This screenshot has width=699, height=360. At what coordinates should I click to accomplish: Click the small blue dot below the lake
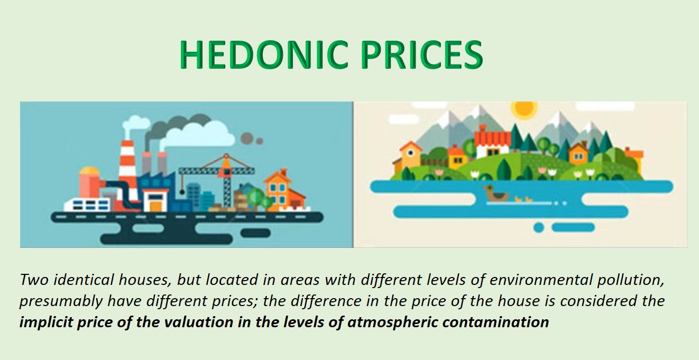click(x=538, y=227)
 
